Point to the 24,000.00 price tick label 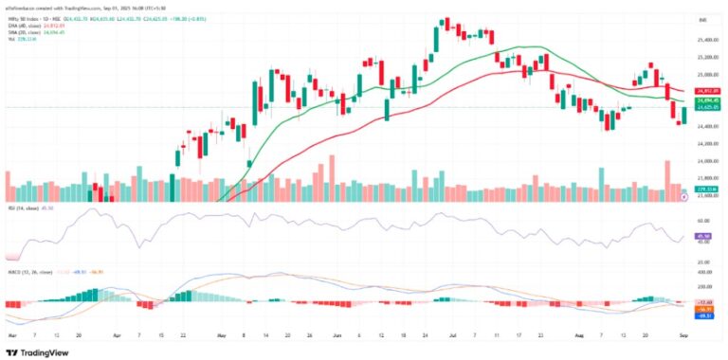click(707, 143)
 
